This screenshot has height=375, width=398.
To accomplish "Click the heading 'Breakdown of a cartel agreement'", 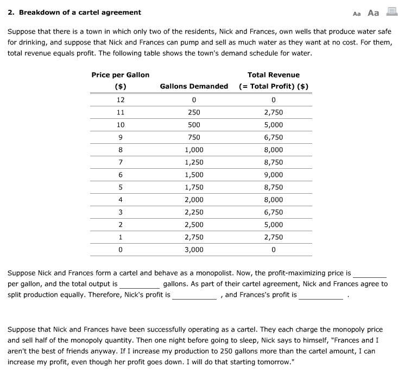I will pos(79,12).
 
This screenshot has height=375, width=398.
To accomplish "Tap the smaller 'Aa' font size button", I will pos(357,13).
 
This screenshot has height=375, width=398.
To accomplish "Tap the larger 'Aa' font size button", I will pos(373,12).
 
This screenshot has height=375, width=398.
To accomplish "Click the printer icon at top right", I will pos(391,12).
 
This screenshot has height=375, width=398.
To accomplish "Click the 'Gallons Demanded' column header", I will pos(194,86).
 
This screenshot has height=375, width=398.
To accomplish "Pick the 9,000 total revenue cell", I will pos(273,175).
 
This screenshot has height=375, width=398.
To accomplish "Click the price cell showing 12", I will pos(121,100).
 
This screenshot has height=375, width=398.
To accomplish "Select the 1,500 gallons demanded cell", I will pos(194,175).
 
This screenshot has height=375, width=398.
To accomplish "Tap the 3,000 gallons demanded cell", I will pos(194,250).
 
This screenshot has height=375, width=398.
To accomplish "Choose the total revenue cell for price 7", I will pos(273,162).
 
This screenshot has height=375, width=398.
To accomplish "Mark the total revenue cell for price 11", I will pos(273,112).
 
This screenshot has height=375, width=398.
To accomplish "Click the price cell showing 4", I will pos(121,200).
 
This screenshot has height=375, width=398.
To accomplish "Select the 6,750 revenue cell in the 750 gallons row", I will pos(273,137).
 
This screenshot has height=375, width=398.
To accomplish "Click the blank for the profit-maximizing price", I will pos(369,274).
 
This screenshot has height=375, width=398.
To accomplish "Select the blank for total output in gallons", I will pos(140,284).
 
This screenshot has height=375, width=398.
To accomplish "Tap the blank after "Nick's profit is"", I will pos(194,296).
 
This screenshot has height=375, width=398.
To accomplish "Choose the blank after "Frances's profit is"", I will pos(320,296).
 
